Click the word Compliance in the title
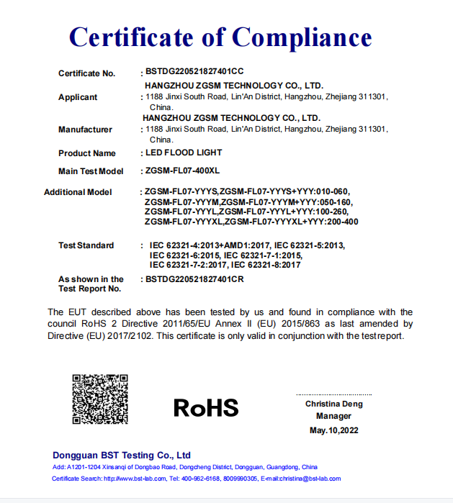[302, 37]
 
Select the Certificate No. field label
[86, 73]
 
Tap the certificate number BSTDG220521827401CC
[194, 73]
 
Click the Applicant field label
[78, 97]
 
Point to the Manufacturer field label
[85, 130]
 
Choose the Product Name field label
[86, 153]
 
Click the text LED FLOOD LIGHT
[184, 153]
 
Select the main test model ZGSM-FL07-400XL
[185, 171]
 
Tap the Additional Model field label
[78, 192]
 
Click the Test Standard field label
[86, 245]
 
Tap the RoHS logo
[206, 408]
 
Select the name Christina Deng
[333, 404]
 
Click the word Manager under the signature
[333, 416]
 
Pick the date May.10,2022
[333, 430]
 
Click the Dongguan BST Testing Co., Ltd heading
[122, 455]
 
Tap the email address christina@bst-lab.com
[310, 479]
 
